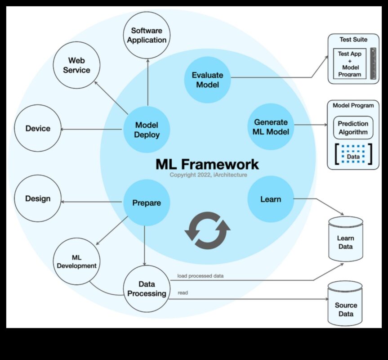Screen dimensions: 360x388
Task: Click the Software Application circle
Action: [x=147, y=35]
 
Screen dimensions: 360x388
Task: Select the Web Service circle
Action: [x=76, y=65]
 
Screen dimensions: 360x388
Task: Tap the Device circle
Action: [x=38, y=129]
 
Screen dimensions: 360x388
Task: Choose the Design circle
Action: [x=38, y=198]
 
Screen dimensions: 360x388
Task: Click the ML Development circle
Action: [x=76, y=261]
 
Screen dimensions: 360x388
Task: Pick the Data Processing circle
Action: [x=147, y=289]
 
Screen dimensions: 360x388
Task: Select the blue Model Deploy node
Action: [x=147, y=130]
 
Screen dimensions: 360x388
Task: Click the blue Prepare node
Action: [x=147, y=203]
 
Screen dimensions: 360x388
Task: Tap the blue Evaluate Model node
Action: [x=207, y=80]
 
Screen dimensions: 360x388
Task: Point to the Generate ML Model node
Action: [x=271, y=127]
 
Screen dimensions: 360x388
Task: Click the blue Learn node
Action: [x=271, y=199]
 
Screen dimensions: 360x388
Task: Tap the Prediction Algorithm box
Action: [x=353, y=128]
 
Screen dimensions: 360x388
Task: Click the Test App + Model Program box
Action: [x=349, y=64]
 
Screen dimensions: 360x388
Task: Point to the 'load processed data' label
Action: [x=201, y=276]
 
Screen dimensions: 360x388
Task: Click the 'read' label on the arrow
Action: [x=183, y=293]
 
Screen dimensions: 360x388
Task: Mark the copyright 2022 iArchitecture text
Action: [x=208, y=175]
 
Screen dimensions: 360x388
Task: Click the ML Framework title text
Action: [x=207, y=164]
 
